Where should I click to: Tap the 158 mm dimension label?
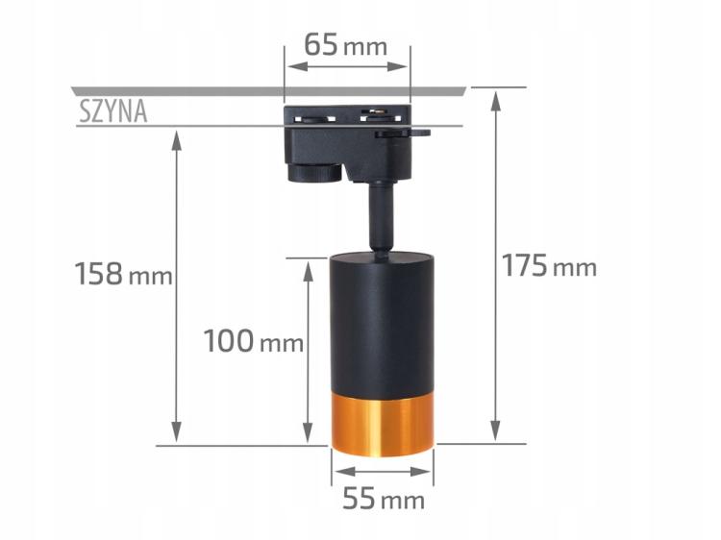pos(123,275)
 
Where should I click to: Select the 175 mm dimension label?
pos(549,266)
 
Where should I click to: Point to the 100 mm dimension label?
pos(253,340)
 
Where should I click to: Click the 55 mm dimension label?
pos(383,500)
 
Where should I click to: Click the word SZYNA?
pos(112,112)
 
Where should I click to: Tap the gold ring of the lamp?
pos(383,423)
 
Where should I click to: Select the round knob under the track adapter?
pos(315,173)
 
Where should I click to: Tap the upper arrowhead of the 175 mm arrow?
pos(496,96)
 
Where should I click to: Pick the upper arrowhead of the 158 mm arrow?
pos(177,137)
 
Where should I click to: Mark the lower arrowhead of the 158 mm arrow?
pos(177,437)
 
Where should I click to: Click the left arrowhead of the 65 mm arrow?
pos(291,66)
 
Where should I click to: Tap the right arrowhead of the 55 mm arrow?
pos(426,472)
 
